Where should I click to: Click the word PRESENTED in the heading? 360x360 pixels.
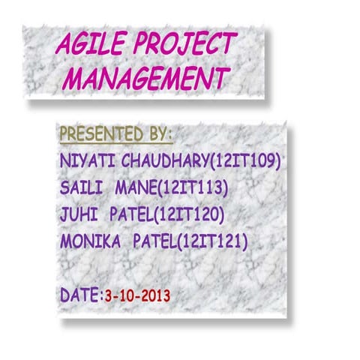pos(98,135)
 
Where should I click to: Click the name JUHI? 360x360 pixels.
pos(76,214)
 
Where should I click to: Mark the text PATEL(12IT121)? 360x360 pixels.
pos(190,241)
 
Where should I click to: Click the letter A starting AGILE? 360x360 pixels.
pos(64,47)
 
